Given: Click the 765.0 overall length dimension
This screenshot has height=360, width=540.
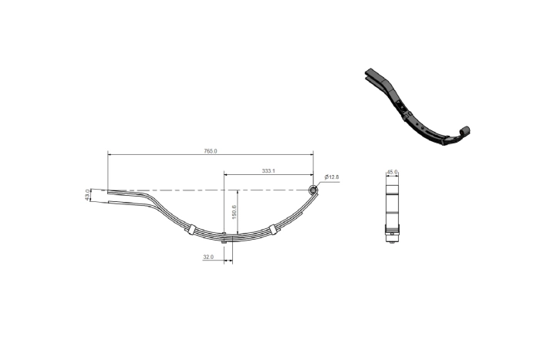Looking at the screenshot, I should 210,151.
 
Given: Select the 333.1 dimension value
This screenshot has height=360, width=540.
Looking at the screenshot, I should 268,170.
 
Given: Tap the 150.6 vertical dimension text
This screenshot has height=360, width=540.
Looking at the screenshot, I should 234,210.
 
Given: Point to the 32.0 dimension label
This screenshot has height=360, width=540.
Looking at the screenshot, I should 209,257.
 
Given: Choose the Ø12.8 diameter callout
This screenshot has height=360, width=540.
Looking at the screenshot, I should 332,177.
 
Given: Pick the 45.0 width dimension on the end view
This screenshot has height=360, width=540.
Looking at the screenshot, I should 392,173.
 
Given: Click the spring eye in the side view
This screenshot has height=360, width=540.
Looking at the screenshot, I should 313,190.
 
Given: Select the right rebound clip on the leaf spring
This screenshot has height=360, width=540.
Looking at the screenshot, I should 273,228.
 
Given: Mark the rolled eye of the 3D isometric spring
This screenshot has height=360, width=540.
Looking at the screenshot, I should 465,131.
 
